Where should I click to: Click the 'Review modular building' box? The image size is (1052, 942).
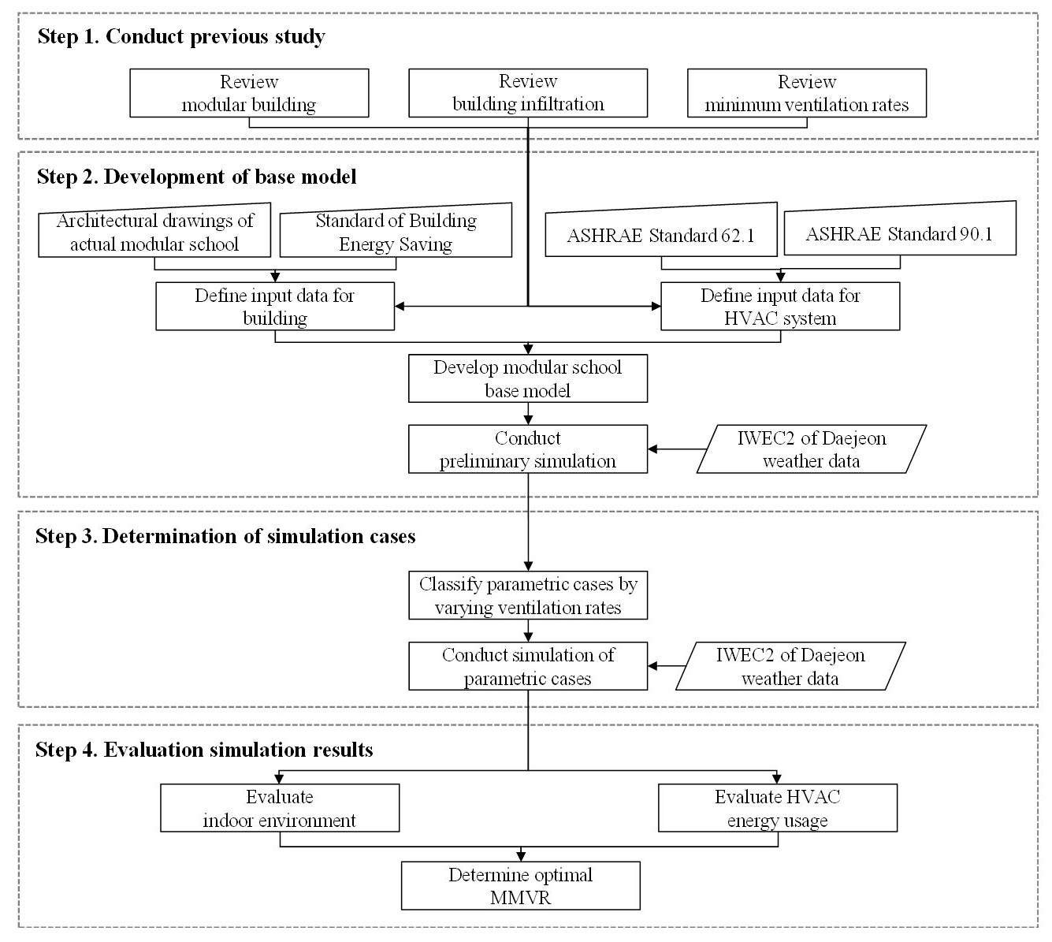pos(249,93)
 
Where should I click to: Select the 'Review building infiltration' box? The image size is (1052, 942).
pos(528,93)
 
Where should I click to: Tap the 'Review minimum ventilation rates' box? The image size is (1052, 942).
pos(807,93)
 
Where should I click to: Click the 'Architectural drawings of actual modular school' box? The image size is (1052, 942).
pos(154,230)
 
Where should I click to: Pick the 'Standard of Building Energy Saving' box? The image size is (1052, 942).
pos(396,230)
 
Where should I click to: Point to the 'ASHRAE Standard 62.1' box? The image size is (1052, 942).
pos(661,229)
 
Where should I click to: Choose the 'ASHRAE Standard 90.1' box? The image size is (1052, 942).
pos(900,229)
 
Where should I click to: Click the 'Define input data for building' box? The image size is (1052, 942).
pos(275,306)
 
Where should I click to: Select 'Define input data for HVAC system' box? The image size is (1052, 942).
pos(780,306)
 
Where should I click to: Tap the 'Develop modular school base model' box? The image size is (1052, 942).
pos(528,378)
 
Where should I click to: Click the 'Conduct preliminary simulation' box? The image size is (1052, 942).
pos(528,449)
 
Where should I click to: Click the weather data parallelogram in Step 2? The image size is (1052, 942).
pos(812,449)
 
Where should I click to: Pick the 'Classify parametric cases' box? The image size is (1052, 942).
pos(528,595)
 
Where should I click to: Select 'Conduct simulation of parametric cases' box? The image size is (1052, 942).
pos(528,666)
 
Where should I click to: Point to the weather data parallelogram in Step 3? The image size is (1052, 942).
pos(791,666)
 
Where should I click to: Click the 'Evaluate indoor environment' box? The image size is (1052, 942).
pos(280,808)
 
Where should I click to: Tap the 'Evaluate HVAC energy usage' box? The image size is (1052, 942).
pos(778,808)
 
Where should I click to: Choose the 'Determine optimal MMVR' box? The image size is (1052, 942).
pos(521,886)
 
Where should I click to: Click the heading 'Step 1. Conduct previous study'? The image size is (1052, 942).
pos(181,37)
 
